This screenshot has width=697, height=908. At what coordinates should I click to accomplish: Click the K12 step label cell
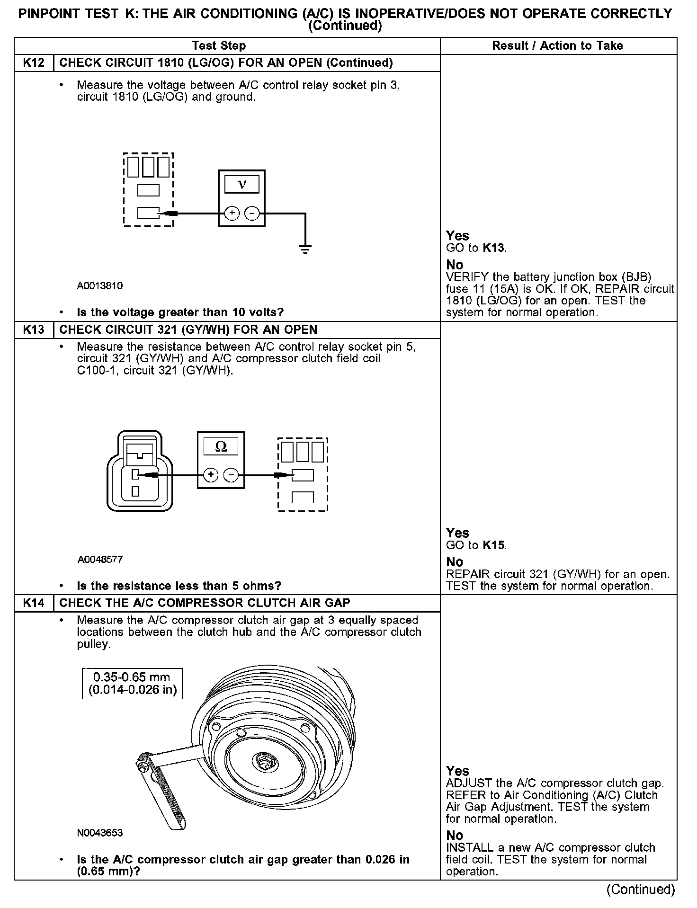pos(34,63)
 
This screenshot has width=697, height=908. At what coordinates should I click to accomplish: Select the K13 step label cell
pos(34,329)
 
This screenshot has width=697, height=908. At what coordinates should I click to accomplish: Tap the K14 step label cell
pos(34,603)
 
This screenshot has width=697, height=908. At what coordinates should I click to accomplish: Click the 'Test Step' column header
pos(219,46)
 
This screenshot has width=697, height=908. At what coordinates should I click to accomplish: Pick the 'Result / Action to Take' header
pos(557,46)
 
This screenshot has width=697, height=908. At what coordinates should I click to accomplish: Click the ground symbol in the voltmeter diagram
pos(305,249)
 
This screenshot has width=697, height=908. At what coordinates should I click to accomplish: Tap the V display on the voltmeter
pos(242,184)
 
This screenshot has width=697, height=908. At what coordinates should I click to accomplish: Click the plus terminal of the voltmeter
pos(232,214)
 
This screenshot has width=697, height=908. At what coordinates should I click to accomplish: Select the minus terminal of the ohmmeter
pos(231,475)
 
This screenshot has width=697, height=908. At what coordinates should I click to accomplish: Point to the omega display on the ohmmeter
pos(221,446)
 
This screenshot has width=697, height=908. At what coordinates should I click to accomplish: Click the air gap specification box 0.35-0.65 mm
pos(132,683)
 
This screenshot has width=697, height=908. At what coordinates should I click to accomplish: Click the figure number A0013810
pos(100,286)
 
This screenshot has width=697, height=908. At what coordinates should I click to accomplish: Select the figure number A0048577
pos(100,560)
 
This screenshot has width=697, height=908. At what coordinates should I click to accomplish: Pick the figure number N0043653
pos(100,833)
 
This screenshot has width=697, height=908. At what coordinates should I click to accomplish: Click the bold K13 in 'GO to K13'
pos(493,248)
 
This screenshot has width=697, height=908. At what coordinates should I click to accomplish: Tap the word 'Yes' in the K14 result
pos(457,771)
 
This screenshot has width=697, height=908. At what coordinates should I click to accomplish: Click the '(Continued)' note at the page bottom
pos(641,890)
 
